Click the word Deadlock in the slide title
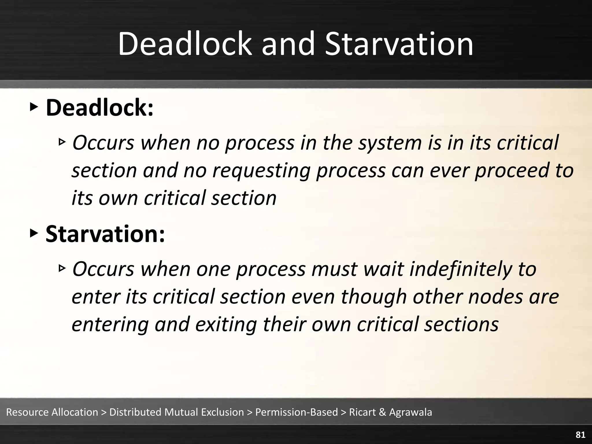tap(185, 44)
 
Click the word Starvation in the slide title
tap(399, 44)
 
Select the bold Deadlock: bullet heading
tap(99, 108)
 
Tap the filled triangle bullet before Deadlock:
tap(34, 107)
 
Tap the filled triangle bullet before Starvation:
tap(34, 233)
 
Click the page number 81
tap(580, 435)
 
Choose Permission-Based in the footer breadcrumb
tap(296, 412)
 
